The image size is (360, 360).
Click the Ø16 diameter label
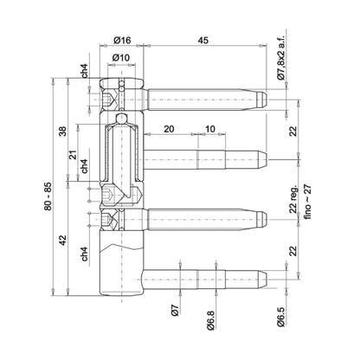point(122,40)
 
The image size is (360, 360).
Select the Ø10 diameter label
point(122,58)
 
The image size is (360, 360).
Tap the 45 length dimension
point(202,40)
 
